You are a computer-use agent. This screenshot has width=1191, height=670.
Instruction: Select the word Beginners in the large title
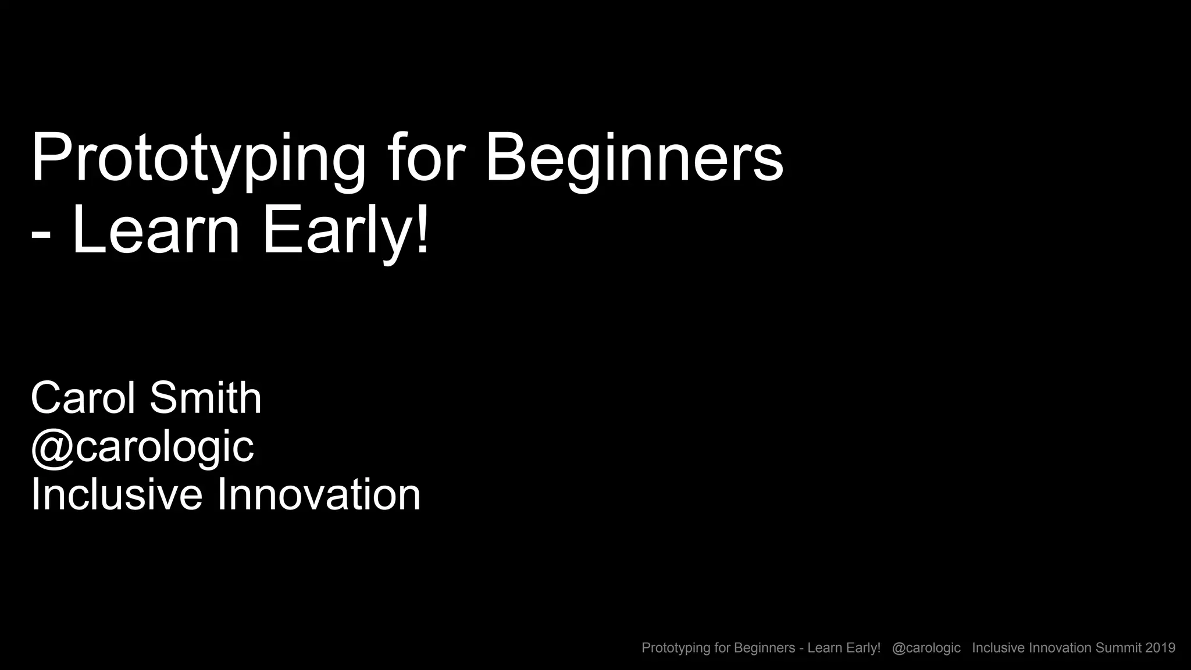click(x=634, y=158)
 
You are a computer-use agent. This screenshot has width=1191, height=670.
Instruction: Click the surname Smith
click(x=205, y=398)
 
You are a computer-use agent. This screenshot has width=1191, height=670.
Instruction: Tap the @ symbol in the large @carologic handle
click(x=52, y=448)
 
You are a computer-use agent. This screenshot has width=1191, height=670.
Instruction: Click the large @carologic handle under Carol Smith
click(x=142, y=448)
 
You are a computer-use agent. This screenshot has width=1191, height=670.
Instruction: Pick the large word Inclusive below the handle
click(x=116, y=495)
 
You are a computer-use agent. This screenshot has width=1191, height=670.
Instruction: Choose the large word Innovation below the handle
click(x=318, y=495)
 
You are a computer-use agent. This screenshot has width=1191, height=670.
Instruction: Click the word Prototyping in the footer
click(x=676, y=648)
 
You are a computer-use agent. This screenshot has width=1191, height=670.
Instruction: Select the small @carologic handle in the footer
click(x=926, y=648)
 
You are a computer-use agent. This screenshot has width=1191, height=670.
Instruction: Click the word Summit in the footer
click(x=1118, y=648)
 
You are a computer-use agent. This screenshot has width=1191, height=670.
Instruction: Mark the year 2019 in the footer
click(x=1161, y=648)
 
